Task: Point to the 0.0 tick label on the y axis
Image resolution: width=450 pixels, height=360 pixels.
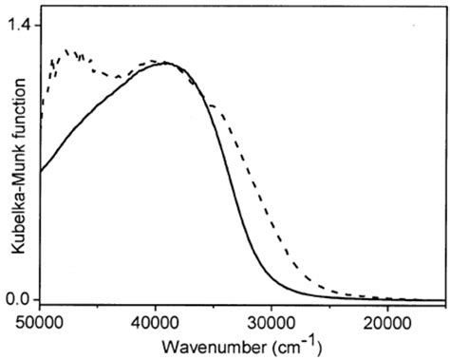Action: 23,300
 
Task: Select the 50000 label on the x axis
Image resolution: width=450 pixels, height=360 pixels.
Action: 41,321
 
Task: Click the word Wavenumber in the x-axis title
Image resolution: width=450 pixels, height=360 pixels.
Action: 204,343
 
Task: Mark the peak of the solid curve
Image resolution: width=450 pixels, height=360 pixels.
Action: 167,64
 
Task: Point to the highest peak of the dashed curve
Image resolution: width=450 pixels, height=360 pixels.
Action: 66,50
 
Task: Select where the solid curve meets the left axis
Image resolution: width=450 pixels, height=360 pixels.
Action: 41,171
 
